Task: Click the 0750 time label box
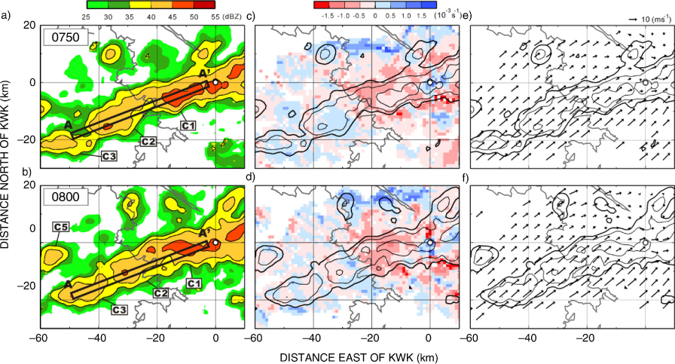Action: pyautogui.click(x=66, y=38)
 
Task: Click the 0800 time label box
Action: pyautogui.click(x=66, y=197)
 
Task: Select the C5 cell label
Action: pyautogui.click(x=61, y=226)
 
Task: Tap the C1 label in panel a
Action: pyautogui.click(x=188, y=125)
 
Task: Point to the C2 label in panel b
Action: pyautogui.click(x=160, y=293)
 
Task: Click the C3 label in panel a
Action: pyautogui.click(x=109, y=156)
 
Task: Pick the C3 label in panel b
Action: pyautogui.click(x=119, y=309)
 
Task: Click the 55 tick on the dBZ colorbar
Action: pyautogui.click(x=215, y=17)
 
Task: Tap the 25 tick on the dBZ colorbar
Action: pyautogui.click(x=86, y=17)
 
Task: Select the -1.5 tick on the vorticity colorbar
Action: pyautogui.click(x=328, y=16)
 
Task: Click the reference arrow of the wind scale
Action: pyautogui.click(x=634, y=20)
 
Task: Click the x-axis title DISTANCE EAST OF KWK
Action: pyautogui.click(x=359, y=357)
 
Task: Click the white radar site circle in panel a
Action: pyautogui.click(x=215, y=82)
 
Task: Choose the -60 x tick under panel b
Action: pyautogui.click(x=38, y=338)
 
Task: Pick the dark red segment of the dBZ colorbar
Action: pyautogui.click(x=204, y=5)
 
